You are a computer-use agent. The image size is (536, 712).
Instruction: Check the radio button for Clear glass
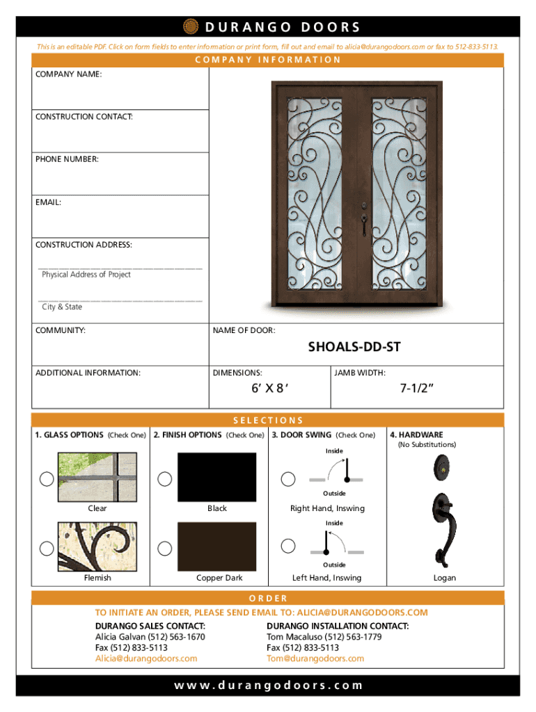coord(47,478)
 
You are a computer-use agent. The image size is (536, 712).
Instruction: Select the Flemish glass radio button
coord(47,548)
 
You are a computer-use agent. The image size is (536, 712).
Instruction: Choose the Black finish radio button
coord(165,478)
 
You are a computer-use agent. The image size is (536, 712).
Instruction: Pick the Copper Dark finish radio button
coord(165,548)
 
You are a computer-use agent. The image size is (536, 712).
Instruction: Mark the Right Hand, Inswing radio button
coord(287,478)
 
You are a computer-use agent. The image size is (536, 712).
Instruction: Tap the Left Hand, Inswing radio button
coord(287,548)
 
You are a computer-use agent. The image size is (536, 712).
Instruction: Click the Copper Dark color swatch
coord(216,545)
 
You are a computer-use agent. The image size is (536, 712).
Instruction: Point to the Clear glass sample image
coord(97,476)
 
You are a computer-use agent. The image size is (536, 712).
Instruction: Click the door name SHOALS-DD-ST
coord(354,347)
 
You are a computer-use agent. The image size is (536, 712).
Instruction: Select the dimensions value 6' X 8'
coord(270,389)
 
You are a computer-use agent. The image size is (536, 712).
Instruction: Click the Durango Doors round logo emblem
coord(190,27)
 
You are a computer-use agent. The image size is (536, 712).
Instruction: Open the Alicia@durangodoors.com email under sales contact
coord(146,658)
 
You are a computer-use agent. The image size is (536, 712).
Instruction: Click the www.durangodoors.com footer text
coord(268,686)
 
